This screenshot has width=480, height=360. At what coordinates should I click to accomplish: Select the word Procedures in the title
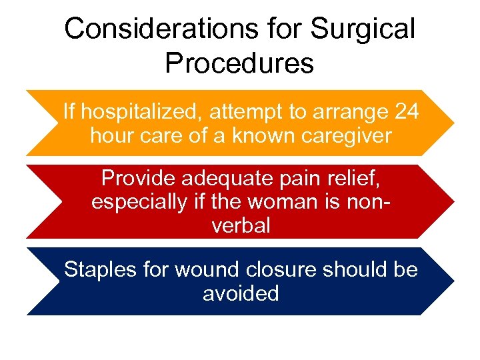(x=239, y=63)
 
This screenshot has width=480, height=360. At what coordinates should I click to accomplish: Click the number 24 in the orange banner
(x=406, y=111)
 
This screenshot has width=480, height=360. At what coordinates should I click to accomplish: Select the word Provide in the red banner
(x=139, y=179)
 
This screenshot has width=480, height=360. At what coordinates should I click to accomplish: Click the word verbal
(x=241, y=225)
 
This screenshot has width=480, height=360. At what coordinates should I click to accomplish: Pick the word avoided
(x=241, y=293)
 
